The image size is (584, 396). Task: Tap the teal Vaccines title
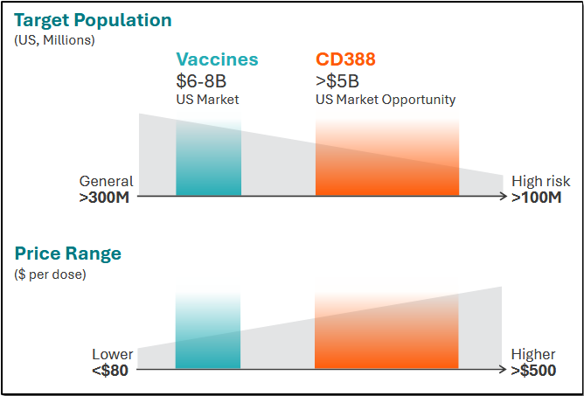pos(217,59)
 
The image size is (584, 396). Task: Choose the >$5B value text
pos(338,80)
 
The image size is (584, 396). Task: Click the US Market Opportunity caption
pos(386,100)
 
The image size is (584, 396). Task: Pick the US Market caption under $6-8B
pos(207,100)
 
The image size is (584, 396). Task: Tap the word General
pos(107,181)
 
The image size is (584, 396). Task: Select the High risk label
pos(540,181)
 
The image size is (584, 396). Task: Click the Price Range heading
pos(68,254)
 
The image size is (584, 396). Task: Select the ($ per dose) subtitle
pos(50,274)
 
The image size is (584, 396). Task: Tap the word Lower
pos(113,354)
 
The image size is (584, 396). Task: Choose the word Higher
pos(533,354)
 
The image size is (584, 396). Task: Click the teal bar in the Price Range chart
pos(208,341)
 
